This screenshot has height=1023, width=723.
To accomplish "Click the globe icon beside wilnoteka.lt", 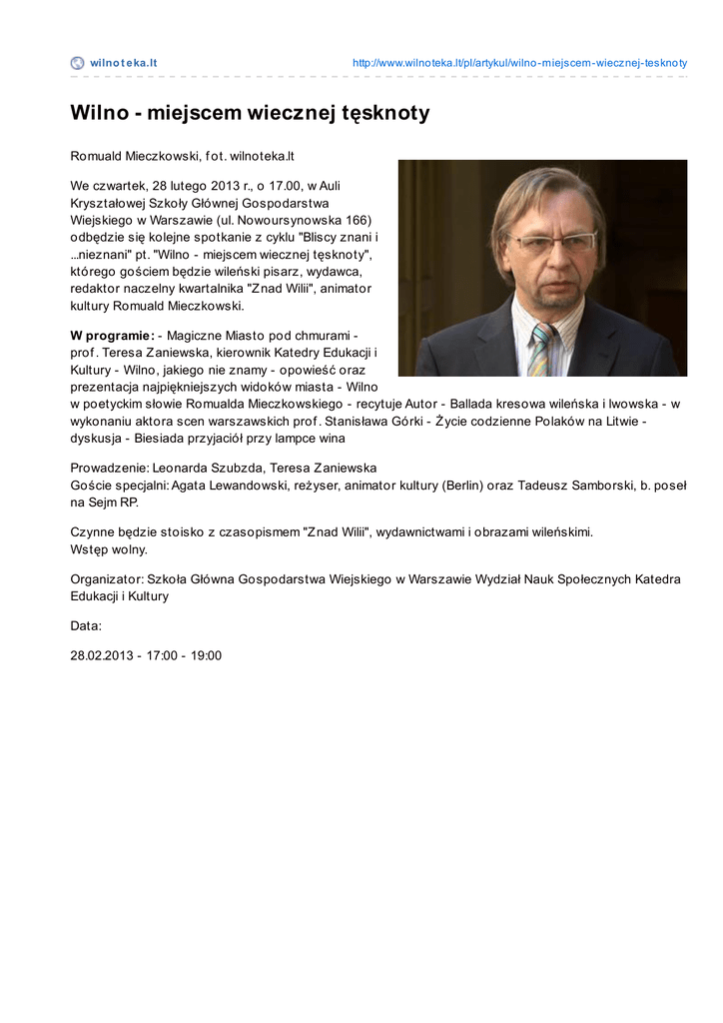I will (78, 63).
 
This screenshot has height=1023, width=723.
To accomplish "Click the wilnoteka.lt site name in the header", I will (124, 63).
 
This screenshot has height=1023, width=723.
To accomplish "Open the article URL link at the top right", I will (519, 63).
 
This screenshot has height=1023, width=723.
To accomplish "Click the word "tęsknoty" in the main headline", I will (382, 113).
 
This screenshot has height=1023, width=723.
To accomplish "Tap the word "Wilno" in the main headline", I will (98, 113).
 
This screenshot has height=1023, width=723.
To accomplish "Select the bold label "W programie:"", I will (112, 336).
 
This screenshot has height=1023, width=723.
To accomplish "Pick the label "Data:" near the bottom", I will (86, 626).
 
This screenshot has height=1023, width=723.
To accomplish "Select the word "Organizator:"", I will (107, 579).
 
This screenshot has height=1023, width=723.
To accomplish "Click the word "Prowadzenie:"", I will (110, 469).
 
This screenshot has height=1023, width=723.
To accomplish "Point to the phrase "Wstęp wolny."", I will (109, 549).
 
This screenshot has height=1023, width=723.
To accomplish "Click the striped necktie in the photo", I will (541, 350).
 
